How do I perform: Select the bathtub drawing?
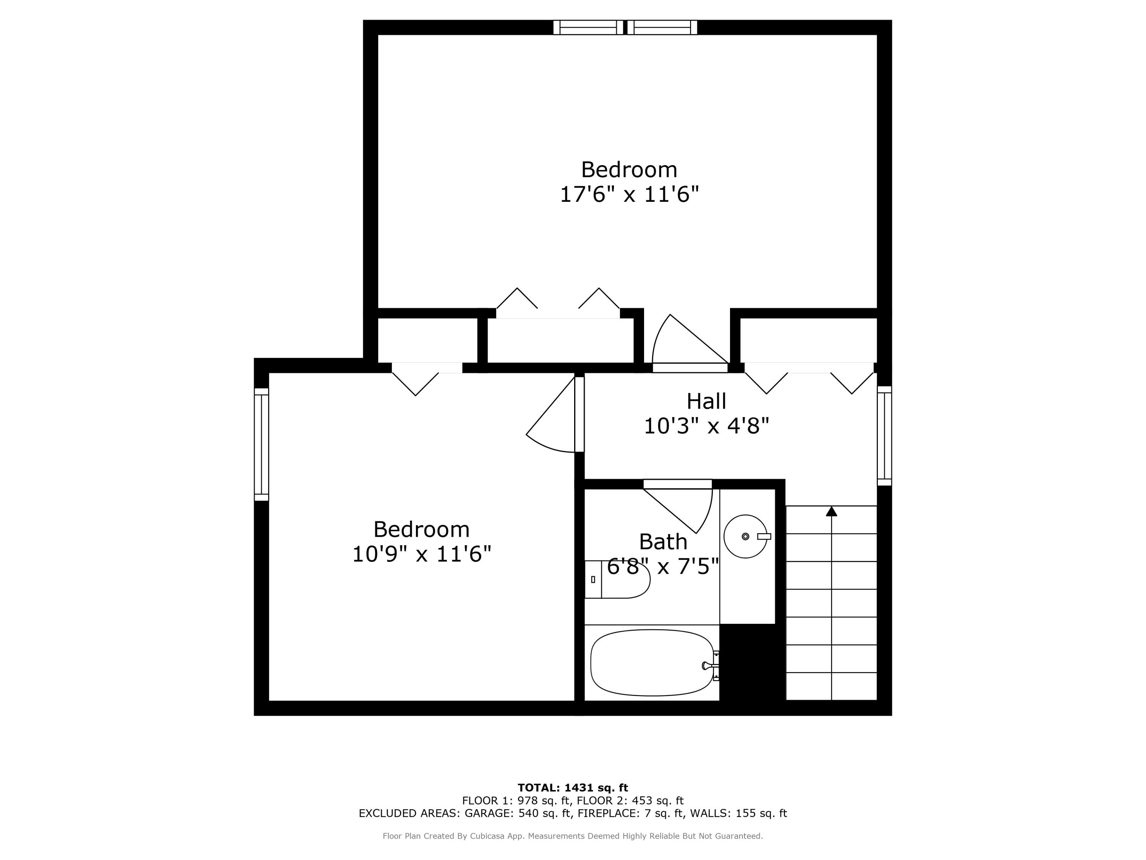pyautogui.click(x=652, y=662)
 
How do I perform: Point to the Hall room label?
pyautogui.click(x=706, y=401)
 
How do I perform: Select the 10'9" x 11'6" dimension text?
pyautogui.click(x=421, y=554)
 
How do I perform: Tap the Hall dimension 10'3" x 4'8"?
pyautogui.click(x=706, y=426)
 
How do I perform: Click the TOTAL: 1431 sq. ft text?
pyautogui.click(x=573, y=788)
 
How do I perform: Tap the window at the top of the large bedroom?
pyautogui.click(x=625, y=28)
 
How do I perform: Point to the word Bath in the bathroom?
pyautogui.click(x=663, y=542)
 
